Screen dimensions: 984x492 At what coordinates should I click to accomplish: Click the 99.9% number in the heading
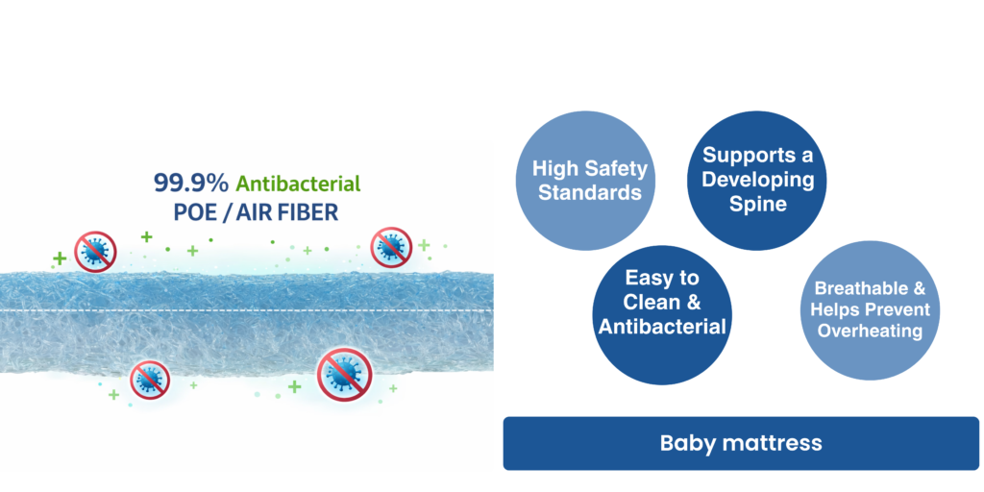(191, 184)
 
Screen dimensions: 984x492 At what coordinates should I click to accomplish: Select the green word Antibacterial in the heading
(298, 184)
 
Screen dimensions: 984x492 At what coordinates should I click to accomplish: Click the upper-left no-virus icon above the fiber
(95, 252)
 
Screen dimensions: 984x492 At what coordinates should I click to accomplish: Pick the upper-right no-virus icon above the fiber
(391, 248)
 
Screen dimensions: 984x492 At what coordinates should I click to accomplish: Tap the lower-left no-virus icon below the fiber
(150, 379)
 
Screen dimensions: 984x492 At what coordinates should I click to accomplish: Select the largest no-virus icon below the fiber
(345, 375)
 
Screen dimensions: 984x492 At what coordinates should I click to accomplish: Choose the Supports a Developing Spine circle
(757, 180)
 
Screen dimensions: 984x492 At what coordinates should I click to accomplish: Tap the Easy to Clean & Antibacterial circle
(662, 315)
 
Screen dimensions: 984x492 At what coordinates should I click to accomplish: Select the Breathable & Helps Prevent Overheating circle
(871, 310)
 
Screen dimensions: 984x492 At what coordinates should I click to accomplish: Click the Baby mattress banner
(741, 443)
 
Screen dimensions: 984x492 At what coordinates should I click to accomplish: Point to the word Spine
(758, 204)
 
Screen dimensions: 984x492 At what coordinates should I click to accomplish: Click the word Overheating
(870, 331)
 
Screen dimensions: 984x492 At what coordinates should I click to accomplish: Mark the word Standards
(591, 192)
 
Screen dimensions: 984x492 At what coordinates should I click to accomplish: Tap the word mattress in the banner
(773, 443)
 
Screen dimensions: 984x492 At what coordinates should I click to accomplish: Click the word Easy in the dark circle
(662, 279)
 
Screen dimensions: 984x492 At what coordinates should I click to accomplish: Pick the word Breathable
(854, 288)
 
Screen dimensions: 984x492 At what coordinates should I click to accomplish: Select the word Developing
(758, 180)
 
